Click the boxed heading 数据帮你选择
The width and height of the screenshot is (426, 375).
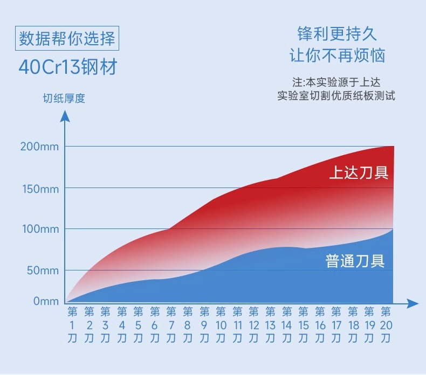click(67, 39)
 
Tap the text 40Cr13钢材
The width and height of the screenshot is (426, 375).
click(67, 68)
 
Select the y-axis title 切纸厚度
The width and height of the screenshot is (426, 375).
click(64, 99)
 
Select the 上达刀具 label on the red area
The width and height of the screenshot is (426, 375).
click(359, 173)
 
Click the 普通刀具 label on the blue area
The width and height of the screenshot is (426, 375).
click(355, 261)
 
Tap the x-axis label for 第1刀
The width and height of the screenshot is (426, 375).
click(73, 325)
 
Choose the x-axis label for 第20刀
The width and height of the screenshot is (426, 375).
click(386, 325)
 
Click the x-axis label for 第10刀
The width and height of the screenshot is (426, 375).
click(221, 325)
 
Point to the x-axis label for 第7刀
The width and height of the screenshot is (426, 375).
click(171, 325)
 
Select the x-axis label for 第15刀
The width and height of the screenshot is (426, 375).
click(303, 325)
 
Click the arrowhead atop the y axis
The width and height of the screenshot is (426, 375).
click(65, 115)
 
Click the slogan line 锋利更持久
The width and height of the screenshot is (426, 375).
click(337, 34)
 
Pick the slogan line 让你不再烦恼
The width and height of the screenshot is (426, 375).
click(338, 56)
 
